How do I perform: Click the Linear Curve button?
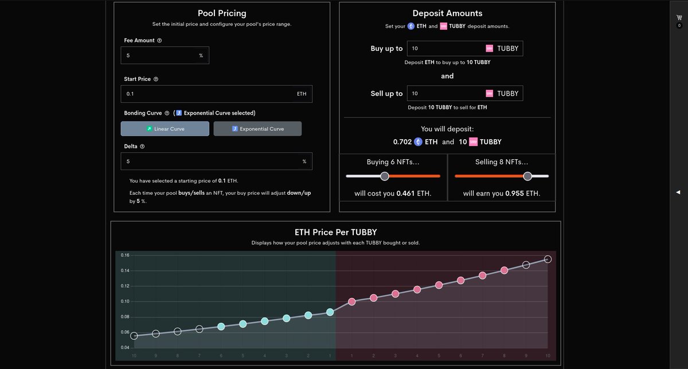[165, 129]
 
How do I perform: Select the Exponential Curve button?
[257, 129]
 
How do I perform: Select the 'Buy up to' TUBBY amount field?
[444, 49]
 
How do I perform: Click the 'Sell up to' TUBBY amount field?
[444, 93]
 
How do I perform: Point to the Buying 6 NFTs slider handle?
[385, 176]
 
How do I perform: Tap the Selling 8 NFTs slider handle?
[527, 176]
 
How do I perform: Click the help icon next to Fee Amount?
[159, 41]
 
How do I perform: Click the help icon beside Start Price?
[156, 79]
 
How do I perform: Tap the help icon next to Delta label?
[142, 146]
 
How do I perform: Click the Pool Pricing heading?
[222, 13]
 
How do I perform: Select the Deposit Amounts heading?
[447, 13]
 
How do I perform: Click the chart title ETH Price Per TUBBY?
[335, 232]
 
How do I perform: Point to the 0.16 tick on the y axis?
[126, 255]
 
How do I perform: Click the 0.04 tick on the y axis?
[126, 348]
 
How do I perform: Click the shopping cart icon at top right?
[679, 18]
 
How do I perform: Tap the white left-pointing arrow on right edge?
[678, 191]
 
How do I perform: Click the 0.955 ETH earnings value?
[515, 194]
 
